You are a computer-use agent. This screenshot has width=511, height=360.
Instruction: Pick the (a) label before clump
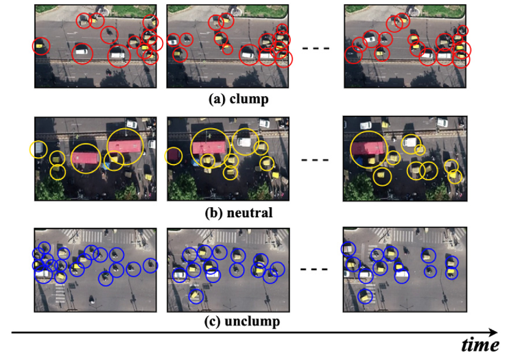217,99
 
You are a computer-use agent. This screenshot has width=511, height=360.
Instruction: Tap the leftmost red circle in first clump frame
41,47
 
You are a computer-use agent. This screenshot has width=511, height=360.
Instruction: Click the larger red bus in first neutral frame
126,146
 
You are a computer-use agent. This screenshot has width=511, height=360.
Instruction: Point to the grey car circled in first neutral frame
39,149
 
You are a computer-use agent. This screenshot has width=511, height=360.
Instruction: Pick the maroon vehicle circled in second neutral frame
175,156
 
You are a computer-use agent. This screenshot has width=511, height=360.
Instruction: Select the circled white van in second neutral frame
243,141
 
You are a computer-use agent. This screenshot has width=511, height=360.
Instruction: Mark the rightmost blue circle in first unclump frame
150,265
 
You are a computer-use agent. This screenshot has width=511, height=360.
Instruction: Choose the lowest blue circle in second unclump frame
196,296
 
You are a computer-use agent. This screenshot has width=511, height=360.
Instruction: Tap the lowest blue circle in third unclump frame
365,296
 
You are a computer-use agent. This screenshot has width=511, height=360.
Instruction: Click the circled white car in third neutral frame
411,143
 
